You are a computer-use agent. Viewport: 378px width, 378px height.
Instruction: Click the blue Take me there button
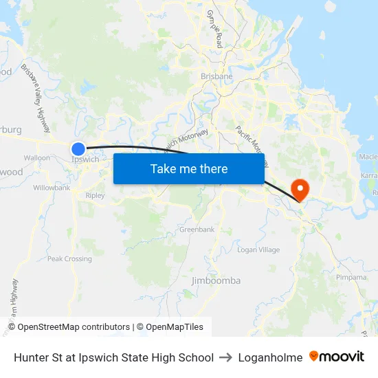[x=188, y=168]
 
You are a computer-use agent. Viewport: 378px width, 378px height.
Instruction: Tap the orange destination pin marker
[x=300, y=188]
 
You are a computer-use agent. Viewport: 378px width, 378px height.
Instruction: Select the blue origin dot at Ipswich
[x=78, y=148]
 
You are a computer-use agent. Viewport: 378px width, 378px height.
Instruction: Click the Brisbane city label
[x=216, y=76]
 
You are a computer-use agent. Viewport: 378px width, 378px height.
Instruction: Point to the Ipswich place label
[x=85, y=159]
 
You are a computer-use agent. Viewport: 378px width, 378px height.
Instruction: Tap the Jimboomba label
[x=216, y=280]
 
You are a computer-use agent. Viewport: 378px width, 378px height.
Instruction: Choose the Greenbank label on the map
[x=197, y=230]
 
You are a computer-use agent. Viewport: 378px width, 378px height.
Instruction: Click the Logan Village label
[x=258, y=250]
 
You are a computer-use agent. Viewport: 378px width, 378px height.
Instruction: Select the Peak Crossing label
[x=69, y=259]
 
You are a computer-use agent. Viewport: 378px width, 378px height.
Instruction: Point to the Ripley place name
[x=95, y=196]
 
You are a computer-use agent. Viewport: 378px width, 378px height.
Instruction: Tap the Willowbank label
[x=52, y=188]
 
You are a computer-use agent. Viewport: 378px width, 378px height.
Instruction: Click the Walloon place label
[x=37, y=157]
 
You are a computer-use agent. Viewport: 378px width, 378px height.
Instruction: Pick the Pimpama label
[x=351, y=277]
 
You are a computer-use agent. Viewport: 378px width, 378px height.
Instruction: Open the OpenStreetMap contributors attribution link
[x=74, y=327]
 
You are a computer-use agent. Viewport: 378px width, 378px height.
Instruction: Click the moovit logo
[x=337, y=357]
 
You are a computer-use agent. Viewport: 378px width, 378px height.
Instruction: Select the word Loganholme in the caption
[x=270, y=357]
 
